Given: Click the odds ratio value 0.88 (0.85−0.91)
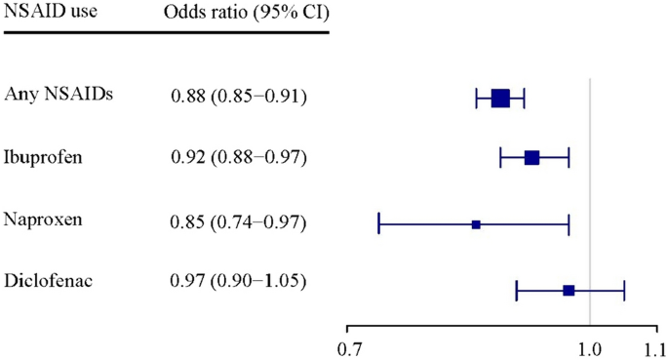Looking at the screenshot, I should click(x=239, y=96).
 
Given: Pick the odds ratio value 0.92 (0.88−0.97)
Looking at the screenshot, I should click(x=239, y=158).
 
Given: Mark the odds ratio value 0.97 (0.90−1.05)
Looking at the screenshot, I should click(x=239, y=283).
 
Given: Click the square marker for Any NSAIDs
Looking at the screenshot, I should click(x=500, y=98).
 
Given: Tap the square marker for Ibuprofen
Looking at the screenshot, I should click(x=531, y=158).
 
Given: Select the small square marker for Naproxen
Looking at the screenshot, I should click(x=476, y=224).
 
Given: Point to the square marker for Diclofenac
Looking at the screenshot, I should click(x=569, y=290).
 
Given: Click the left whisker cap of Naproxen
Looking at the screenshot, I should click(x=378, y=224).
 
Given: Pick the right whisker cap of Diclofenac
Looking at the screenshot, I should click(x=624, y=290).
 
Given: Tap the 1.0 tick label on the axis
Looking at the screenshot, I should click(x=590, y=347).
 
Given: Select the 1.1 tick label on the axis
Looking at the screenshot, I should click(x=652, y=347).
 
